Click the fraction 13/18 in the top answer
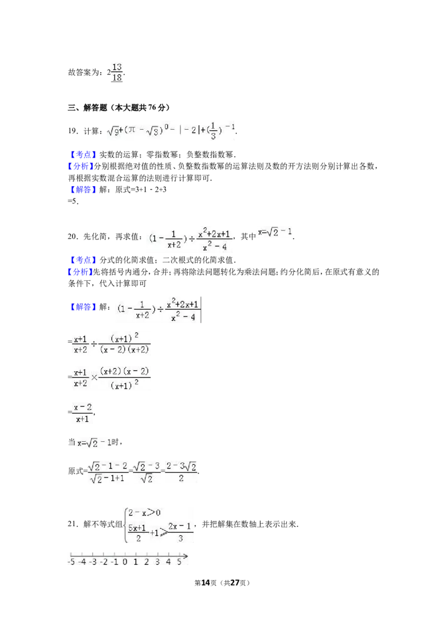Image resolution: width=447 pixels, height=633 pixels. [117, 73]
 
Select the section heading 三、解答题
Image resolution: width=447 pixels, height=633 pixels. [88, 107]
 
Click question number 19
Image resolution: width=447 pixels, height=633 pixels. [73, 130]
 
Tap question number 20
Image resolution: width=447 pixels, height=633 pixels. [73, 237]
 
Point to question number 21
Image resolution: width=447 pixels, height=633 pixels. [73, 524]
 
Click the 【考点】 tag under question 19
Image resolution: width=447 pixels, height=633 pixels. [83, 155]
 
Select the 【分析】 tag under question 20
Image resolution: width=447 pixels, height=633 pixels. [80, 272]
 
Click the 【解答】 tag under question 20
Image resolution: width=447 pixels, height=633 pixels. [83, 307]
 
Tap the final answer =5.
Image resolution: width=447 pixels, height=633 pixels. [73, 201]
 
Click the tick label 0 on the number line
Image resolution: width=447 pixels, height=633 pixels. [125, 562]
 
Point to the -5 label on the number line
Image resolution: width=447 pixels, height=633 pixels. [71, 562]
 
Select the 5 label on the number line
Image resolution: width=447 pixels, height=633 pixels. [179, 562]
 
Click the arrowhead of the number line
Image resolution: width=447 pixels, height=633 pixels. [185, 556]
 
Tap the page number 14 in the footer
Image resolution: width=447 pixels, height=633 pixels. [206, 583]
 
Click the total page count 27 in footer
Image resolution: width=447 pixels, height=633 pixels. [235, 583]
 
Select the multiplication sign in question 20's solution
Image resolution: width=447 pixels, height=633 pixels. [94, 378]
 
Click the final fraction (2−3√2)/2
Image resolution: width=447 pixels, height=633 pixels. [182, 472]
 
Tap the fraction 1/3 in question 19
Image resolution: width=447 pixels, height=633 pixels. [213, 130]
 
